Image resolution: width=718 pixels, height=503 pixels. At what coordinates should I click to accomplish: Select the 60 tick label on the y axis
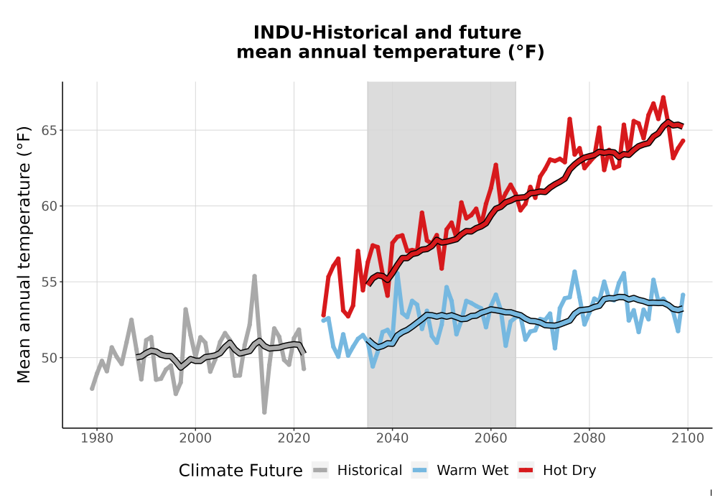point(50,206)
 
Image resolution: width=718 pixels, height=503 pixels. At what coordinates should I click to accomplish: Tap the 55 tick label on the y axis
point(50,282)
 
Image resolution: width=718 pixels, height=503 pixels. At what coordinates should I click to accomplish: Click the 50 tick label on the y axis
point(50,358)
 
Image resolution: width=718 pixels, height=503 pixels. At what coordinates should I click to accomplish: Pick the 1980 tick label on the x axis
point(97,438)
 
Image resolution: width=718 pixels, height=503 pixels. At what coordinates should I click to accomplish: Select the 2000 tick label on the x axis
point(195,438)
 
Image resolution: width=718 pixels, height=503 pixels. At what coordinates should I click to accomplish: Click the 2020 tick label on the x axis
point(294,438)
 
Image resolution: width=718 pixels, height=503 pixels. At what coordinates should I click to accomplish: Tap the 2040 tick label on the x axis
point(393,438)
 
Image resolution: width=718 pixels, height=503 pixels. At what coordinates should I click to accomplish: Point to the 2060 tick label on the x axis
point(491,438)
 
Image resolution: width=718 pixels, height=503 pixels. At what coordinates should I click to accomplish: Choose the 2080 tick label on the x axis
point(589,438)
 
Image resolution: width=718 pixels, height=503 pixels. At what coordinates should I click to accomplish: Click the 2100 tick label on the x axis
point(688,438)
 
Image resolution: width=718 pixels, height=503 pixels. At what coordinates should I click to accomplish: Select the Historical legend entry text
point(370,471)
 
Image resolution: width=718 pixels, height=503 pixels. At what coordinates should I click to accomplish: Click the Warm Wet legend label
point(472,471)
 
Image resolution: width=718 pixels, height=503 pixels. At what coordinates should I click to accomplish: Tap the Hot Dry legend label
point(569,471)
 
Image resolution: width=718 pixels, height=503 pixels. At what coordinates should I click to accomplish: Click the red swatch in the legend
point(526,471)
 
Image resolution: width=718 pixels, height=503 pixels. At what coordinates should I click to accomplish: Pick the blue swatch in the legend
point(420,471)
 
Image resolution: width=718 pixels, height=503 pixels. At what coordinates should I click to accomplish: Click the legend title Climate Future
point(241,471)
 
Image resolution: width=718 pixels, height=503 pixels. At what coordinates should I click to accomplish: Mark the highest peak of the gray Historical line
point(254,276)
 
